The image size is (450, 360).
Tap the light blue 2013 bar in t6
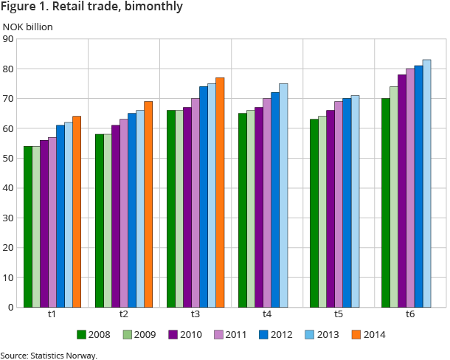[426, 184]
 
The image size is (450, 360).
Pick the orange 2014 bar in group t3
[219, 193]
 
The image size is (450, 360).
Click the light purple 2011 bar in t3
[195, 203]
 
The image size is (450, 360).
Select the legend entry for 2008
[93, 334]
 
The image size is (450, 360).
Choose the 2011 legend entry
[230, 334]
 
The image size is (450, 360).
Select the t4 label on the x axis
[267, 314]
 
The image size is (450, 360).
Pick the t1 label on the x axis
[52, 314]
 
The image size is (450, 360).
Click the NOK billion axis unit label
[27, 27]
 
